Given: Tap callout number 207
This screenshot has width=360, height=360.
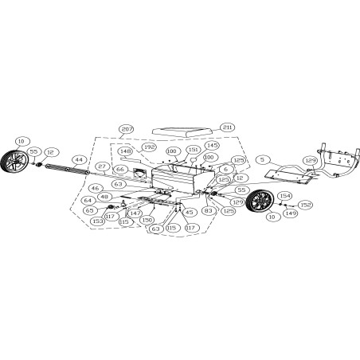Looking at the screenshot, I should [127, 128].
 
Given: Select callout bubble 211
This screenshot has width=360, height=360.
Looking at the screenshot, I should [229, 127].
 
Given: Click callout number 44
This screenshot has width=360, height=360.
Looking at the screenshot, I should [78, 159].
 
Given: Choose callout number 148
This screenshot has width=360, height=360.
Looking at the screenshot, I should [125, 151].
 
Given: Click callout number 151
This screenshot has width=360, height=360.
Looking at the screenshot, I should [194, 149].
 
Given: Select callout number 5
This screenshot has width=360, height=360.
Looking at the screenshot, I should [261, 159].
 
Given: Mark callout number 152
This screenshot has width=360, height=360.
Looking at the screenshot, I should [306, 205].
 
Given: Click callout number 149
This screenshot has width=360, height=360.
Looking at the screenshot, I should [291, 213].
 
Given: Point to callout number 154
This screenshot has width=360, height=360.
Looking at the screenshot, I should [284, 195].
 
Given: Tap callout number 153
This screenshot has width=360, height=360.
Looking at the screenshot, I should [98, 221].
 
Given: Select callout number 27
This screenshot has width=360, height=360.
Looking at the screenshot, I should [102, 166].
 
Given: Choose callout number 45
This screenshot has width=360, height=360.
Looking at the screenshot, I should [189, 212].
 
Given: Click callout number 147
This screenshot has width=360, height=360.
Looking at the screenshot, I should [136, 213].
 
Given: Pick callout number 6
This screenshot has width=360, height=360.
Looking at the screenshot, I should [226, 169].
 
